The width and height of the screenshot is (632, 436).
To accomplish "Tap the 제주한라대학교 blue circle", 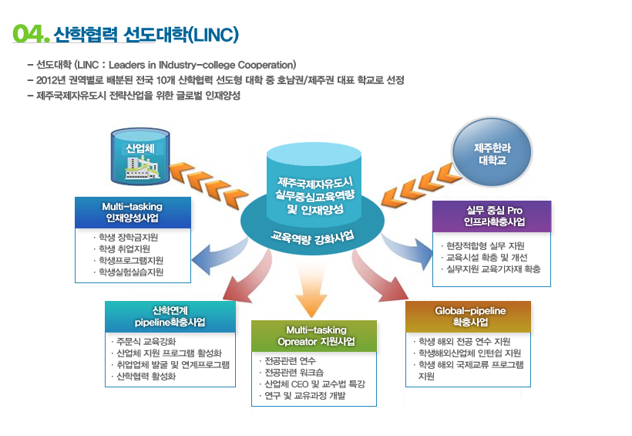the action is point(492,152).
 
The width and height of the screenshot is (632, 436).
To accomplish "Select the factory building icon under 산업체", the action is point(142,167).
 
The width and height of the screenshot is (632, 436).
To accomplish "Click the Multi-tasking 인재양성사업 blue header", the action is point(133,212).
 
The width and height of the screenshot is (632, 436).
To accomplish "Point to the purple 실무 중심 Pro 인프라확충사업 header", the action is point(492,216).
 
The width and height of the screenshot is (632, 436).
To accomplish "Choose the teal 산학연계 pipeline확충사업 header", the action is point(170,316).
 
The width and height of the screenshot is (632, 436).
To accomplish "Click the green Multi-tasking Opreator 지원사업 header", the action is point(314,336).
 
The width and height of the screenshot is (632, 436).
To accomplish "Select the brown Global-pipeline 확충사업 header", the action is point(468,316).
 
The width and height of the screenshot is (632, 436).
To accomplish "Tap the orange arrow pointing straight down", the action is point(311,292).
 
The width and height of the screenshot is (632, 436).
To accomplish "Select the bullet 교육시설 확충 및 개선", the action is point(486,258).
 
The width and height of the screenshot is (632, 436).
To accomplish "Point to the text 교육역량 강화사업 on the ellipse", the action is point(312,238).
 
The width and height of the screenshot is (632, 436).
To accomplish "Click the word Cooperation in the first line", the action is point(266,65).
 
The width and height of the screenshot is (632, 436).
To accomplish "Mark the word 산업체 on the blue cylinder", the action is point(140,148).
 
